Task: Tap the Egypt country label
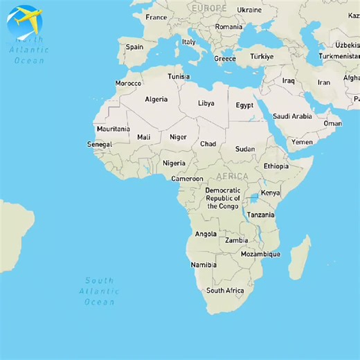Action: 244,105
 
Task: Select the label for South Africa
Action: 225,291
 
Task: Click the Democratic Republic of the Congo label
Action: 223,198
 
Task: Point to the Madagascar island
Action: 299,258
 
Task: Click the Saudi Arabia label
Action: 292,116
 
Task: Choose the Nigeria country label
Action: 174,163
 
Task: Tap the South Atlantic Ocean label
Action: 99,291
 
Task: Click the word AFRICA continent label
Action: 232,176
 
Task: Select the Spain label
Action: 134,47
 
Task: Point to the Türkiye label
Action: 262,56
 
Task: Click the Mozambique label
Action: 260,254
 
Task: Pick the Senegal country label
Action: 99,144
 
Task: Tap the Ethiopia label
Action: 276,166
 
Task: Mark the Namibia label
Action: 204,264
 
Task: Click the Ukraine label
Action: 249,10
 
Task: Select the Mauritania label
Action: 113,129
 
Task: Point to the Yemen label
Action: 302,142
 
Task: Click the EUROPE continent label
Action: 209,8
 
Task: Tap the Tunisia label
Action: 179,76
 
